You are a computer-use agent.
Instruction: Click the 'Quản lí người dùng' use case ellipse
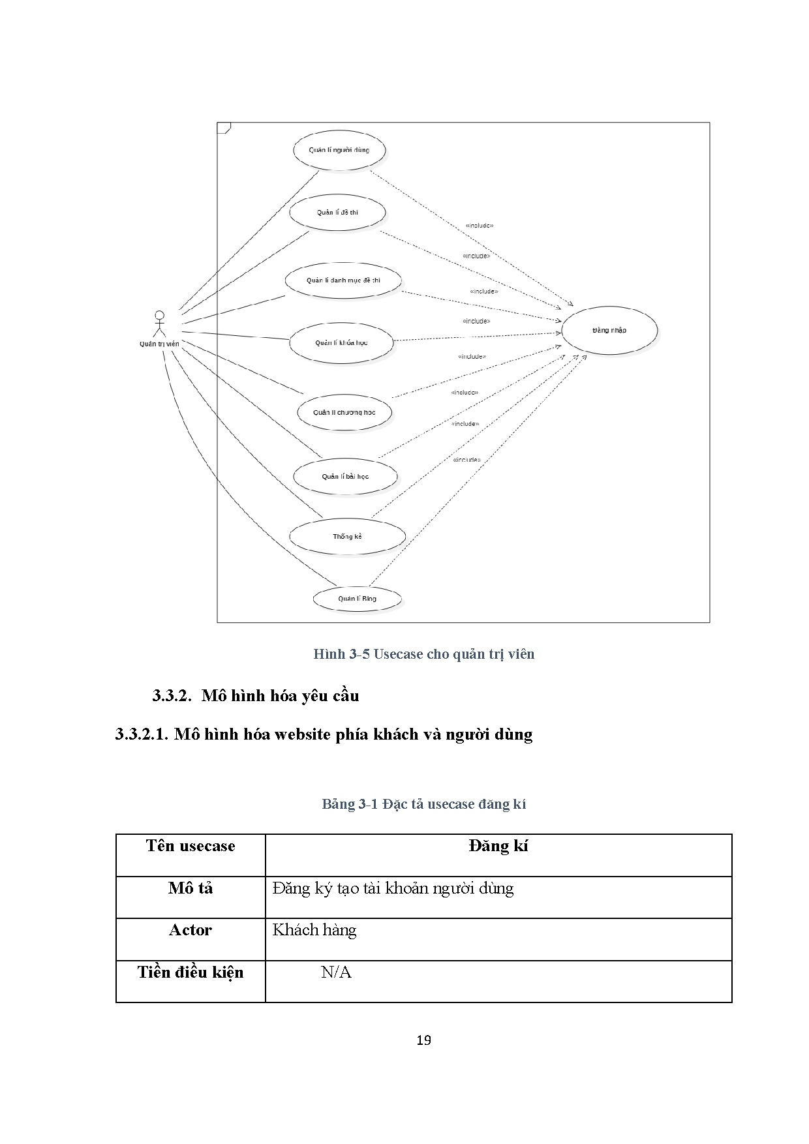pos(339,150)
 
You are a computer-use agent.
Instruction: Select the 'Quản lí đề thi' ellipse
pos(337,213)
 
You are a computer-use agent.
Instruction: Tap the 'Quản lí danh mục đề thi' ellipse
pos(343,280)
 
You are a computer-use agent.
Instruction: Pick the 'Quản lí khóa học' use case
pos(341,342)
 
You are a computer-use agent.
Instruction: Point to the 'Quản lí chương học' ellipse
pos(344,412)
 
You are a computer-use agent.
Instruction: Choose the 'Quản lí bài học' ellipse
pos(345,476)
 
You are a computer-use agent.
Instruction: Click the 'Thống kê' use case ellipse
pos(347,537)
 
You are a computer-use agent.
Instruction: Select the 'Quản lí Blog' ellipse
pos(357,599)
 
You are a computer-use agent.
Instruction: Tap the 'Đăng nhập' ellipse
pos(609,330)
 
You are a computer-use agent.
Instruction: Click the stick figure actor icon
pos(159,323)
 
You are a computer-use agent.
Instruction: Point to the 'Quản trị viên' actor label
pos(159,344)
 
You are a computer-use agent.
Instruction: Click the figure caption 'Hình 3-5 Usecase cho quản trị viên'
pos(423,654)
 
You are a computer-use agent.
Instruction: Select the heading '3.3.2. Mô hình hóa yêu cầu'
pos(256,695)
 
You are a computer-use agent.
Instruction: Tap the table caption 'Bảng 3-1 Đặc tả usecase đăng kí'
pos(423,804)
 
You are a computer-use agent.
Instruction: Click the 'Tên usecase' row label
pos(191,847)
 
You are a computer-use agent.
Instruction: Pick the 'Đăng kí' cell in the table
pos(498,847)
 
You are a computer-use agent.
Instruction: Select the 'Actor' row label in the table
pos(191,930)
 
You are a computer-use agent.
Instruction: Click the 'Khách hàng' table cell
pos(314,930)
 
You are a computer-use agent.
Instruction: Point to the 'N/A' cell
pos(336,972)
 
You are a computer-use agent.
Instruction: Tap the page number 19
pos(423,1040)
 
